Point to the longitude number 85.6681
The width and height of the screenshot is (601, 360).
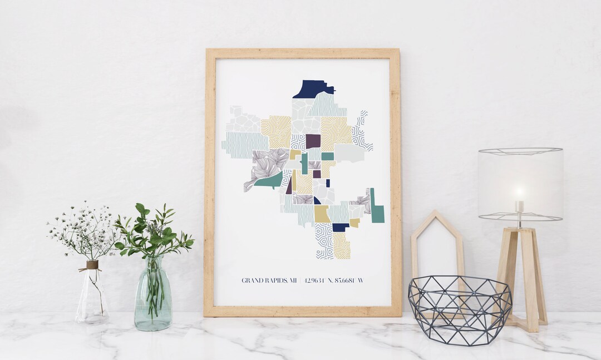pos(344,280)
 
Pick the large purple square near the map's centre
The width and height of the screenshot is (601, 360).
pos(313,141)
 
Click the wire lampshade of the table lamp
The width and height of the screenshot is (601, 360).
pos(520,183)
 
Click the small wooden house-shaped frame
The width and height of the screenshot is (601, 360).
pos(437,245)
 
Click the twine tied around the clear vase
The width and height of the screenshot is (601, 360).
pos(92,265)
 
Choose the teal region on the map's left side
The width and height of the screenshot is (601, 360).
pos(269,180)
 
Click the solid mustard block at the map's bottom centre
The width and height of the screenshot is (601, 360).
pos(322,214)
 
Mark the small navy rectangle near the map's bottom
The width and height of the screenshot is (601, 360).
pos(340,227)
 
